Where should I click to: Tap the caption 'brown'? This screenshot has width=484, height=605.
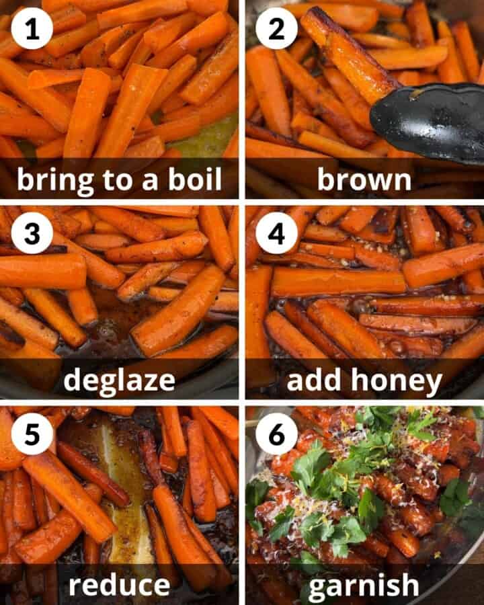coord(364,179)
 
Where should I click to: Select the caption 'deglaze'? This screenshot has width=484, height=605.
coord(119,381)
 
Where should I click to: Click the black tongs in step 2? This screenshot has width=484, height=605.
coord(430,121)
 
